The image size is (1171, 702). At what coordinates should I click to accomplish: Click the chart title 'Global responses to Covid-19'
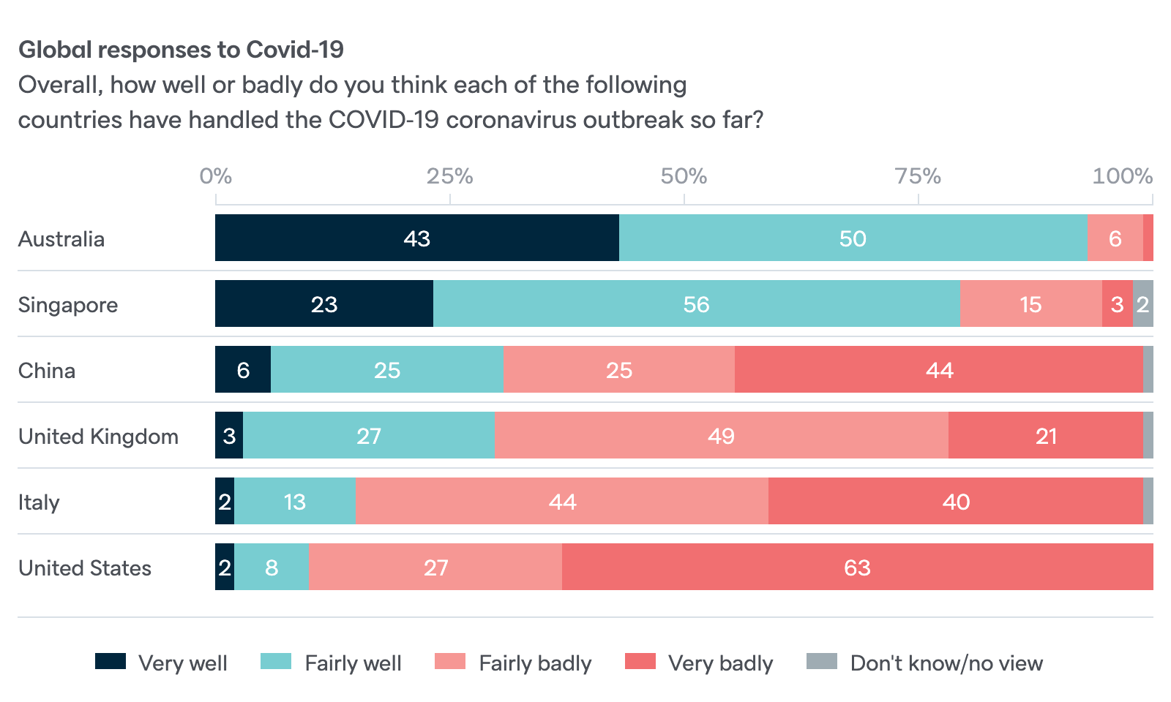point(181,50)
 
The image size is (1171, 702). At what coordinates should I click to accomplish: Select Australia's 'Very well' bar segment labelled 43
point(416,238)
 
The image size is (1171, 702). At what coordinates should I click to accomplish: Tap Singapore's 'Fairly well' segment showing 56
point(696,304)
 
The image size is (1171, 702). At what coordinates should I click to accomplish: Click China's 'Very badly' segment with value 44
point(939,370)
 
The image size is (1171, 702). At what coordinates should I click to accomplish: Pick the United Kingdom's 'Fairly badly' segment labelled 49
point(721,436)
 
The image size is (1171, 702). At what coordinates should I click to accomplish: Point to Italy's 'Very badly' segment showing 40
point(956,502)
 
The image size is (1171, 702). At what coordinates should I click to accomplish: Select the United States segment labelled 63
point(857,567)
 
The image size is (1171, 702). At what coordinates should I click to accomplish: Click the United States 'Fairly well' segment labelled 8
point(272,567)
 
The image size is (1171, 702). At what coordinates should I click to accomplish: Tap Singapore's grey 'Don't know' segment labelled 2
point(1142,304)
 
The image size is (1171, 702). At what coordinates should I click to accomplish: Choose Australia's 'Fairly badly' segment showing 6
point(1115,238)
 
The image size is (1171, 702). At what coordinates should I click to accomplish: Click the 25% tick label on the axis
point(449,176)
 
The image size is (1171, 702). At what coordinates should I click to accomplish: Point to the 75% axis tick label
point(918,176)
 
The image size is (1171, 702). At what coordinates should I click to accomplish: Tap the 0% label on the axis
point(216,176)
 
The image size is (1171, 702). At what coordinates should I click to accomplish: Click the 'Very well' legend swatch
point(111,662)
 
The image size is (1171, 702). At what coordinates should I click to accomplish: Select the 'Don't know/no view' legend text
point(946,663)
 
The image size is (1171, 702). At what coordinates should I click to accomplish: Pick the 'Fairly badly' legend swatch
point(450,662)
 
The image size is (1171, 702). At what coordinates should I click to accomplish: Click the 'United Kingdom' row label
point(98,437)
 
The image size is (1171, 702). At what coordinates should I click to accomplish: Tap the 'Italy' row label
point(39,502)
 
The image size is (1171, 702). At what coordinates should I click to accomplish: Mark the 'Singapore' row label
point(68,305)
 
